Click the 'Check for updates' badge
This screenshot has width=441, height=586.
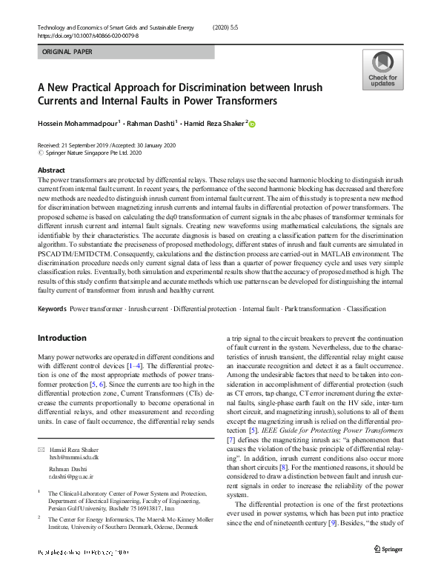click(382, 70)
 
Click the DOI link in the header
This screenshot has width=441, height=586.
click(87, 36)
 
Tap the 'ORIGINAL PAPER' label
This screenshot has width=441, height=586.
click(68, 53)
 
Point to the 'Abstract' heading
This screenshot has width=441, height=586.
click(51, 170)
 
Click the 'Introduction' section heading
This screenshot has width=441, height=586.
click(62, 337)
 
